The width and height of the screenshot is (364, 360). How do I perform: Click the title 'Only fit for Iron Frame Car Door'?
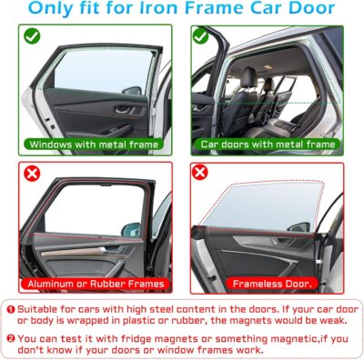pos(182,10)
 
